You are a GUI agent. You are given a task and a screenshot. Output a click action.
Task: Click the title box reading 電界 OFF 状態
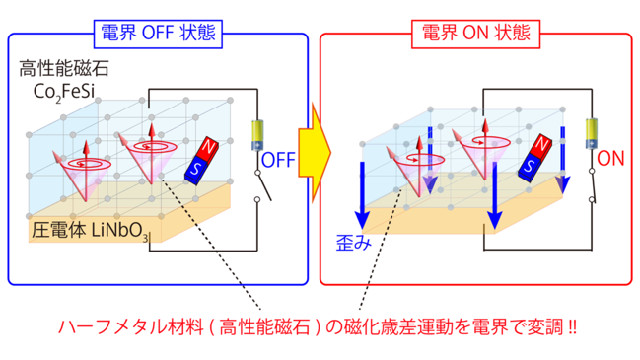pos(158,34)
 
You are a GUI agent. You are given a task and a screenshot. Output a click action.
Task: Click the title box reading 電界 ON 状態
pos(475,34)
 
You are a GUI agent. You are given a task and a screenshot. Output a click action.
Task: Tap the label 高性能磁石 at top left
pos(64,69)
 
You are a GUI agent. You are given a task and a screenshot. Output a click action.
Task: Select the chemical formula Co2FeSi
pos(64,92)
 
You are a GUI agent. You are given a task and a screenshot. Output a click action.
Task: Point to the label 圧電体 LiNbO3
pos(90,231)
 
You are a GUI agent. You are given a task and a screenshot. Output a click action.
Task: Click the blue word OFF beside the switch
pos(278,160)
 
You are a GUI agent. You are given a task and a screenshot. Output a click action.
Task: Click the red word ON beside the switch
pos(610,159)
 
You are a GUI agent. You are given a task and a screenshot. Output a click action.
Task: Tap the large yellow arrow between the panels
pos(315,153)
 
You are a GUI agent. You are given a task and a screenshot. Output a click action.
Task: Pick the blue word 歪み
pos(353,244)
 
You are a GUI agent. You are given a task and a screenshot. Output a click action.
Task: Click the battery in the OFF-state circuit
pos(257,135)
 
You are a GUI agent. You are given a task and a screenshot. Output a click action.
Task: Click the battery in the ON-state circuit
pos(592,133)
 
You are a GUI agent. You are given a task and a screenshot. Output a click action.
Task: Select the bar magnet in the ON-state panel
pos(535,158)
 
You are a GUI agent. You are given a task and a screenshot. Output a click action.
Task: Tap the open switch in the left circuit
pos(263,186)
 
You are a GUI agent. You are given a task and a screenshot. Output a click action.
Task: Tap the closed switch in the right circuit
pos(593,185)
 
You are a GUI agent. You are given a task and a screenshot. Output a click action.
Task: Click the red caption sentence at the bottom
pos(318,326)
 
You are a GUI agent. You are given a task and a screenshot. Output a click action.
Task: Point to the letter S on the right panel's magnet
pos(529,166)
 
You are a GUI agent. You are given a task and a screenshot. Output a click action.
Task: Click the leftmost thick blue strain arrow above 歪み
pos(362,196)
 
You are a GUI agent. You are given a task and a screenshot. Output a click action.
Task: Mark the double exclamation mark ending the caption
pos(572,326)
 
